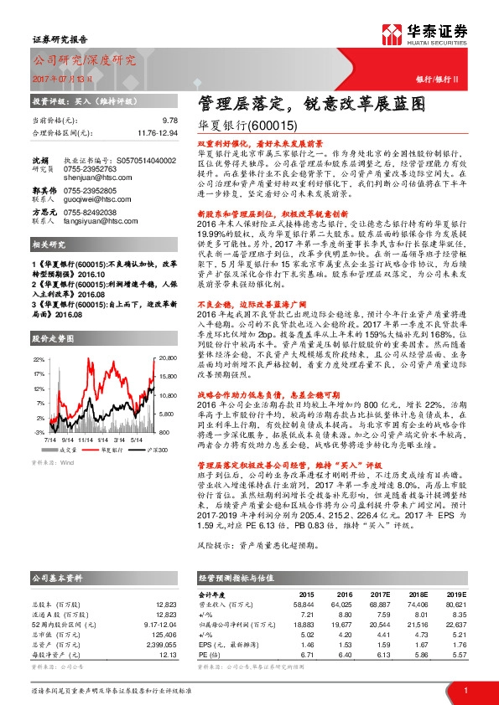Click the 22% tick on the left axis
click(x=38, y=358)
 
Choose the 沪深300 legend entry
click(x=153, y=450)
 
